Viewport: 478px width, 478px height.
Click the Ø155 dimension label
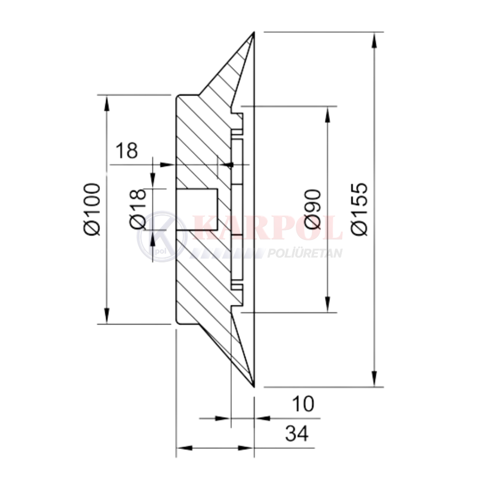click(x=360, y=209)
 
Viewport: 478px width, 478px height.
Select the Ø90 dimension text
click(x=313, y=209)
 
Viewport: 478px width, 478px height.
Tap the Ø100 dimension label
click(x=92, y=209)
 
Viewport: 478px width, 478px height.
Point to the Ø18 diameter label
click(x=138, y=209)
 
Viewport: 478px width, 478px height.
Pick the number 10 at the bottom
click(x=303, y=404)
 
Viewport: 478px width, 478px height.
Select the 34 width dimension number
click(x=297, y=433)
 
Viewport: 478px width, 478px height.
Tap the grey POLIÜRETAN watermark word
click(x=304, y=253)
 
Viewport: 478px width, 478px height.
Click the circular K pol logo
click(x=162, y=237)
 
